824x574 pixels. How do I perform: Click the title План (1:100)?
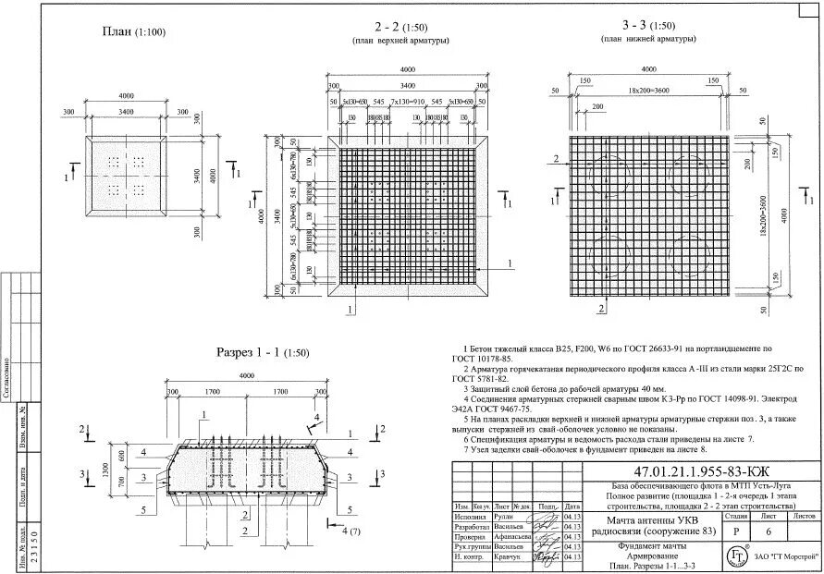coord(133,31)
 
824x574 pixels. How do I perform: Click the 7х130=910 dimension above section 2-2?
coord(407,100)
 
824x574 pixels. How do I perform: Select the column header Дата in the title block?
coord(572,507)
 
